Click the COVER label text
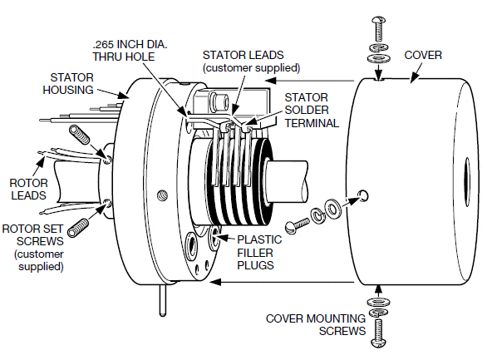click(x=423, y=55)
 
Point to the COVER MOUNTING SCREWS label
click(x=316, y=323)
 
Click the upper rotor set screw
click(x=79, y=136)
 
